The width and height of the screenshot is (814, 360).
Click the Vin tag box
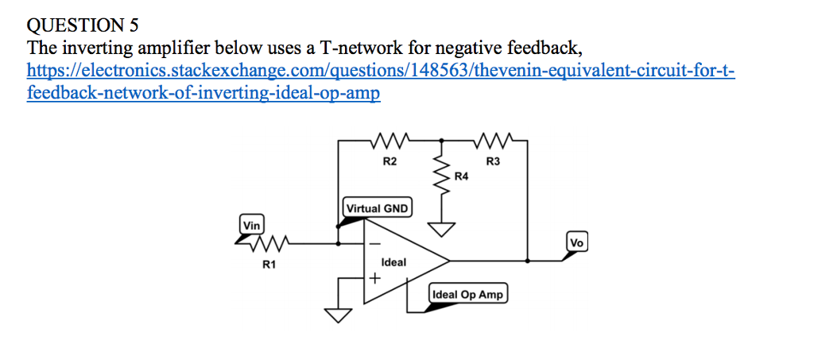(252, 225)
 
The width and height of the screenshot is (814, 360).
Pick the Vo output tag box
(578, 242)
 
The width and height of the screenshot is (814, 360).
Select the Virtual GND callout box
(377, 208)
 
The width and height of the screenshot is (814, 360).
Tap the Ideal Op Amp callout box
(467, 294)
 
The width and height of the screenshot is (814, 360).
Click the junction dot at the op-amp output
(528, 260)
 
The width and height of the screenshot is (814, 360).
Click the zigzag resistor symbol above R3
(493, 142)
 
